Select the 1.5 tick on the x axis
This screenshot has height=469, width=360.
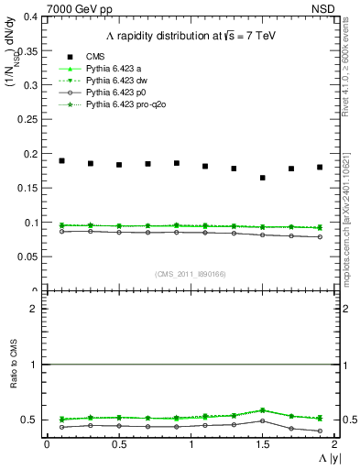pyautogui.click(x=262, y=443)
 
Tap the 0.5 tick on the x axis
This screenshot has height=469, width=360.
pyautogui.click(x=118, y=443)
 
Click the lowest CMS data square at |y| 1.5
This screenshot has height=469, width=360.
pyautogui.click(x=263, y=178)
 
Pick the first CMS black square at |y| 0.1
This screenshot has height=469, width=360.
pyautogui.click(x=61, y=160)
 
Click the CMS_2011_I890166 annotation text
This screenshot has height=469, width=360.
pyautogui.click(x=190, y=274)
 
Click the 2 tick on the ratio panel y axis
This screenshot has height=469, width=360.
pyautogui.click(x=35, y=309)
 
